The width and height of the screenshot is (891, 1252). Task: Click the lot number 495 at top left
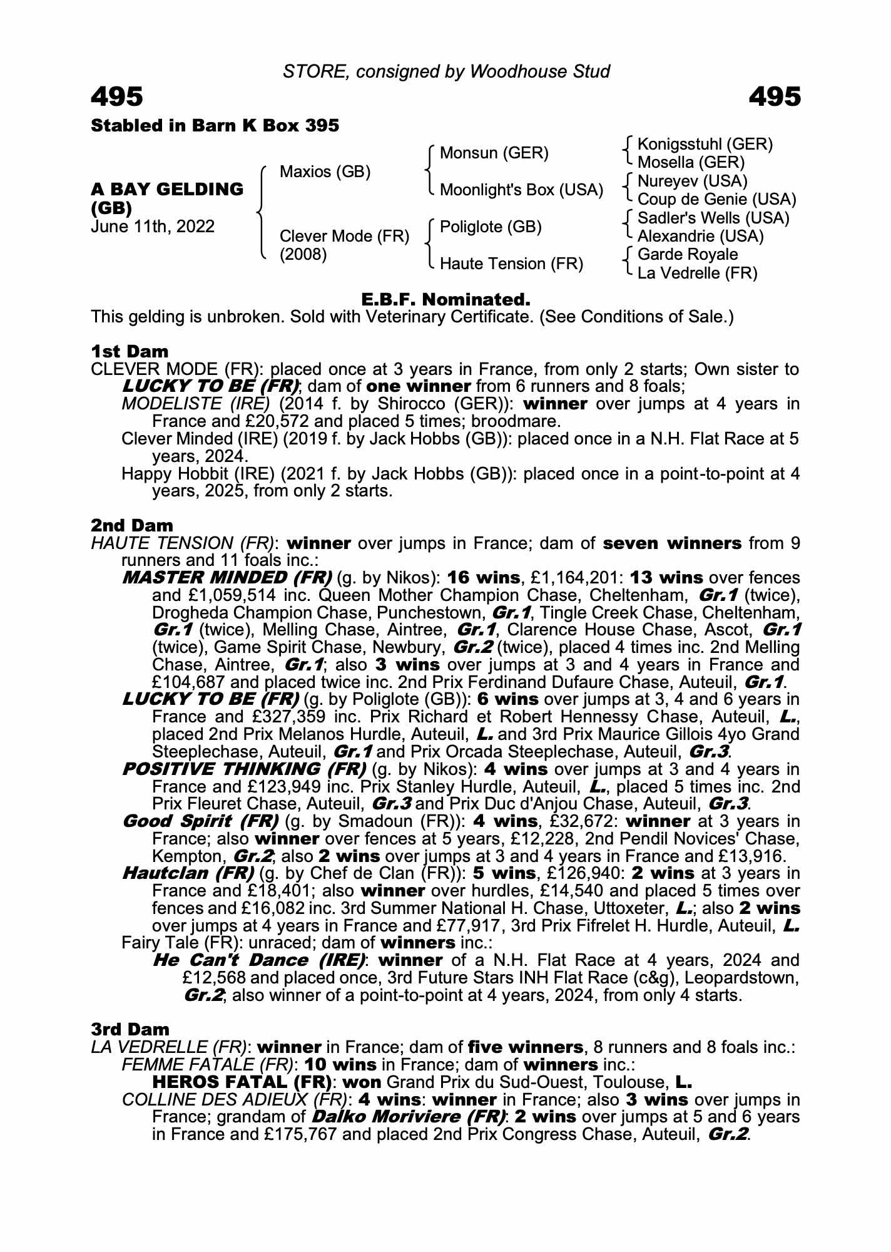[x=117, y=97]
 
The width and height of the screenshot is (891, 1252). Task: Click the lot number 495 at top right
[x=774, y=97]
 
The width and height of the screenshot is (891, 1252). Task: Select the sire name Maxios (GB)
[x=325, y=172]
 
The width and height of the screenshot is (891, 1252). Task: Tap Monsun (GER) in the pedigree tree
[x=494, y=153]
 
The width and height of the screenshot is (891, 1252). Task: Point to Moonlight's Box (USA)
[x=521, y=190]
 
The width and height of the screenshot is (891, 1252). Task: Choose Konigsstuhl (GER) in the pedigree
[x=705, y=144]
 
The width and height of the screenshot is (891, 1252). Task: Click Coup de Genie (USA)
[x=716, y=199]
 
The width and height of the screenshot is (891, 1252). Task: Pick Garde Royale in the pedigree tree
[x=687, y=254]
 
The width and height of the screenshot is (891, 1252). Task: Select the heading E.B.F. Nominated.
[x=445, y=299]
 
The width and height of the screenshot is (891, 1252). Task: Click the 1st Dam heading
[x=130, y=351]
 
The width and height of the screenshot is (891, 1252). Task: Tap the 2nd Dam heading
[x=132, y=525]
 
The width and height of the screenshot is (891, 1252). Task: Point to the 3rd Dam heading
[x=130, y=1029]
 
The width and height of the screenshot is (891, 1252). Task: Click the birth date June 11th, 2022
[x=153, y=226]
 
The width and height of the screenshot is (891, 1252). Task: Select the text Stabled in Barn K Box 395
[x=215, y=126]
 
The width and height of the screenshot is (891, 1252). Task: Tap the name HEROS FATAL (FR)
[x=242, y=1082]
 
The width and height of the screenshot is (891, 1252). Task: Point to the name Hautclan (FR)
[x=188, y=873]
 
